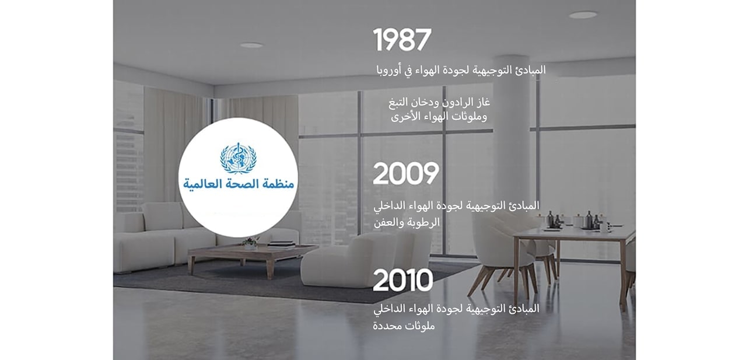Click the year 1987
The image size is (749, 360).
(402, 40)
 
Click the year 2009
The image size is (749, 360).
(406, 174)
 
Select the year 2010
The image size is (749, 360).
(402, 281)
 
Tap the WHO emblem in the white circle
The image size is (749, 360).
(238, 159)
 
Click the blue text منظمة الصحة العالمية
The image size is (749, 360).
(238, 185)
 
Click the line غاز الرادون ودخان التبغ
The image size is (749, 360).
(439, 102)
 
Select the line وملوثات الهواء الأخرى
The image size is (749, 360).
(439, 116)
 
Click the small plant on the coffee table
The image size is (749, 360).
(250, 242)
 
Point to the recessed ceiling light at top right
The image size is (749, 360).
(583, 15)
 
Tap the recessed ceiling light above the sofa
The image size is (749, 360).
(251, 45)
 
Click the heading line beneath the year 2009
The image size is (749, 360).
(456, 206)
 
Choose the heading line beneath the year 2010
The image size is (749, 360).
(456, 309)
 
